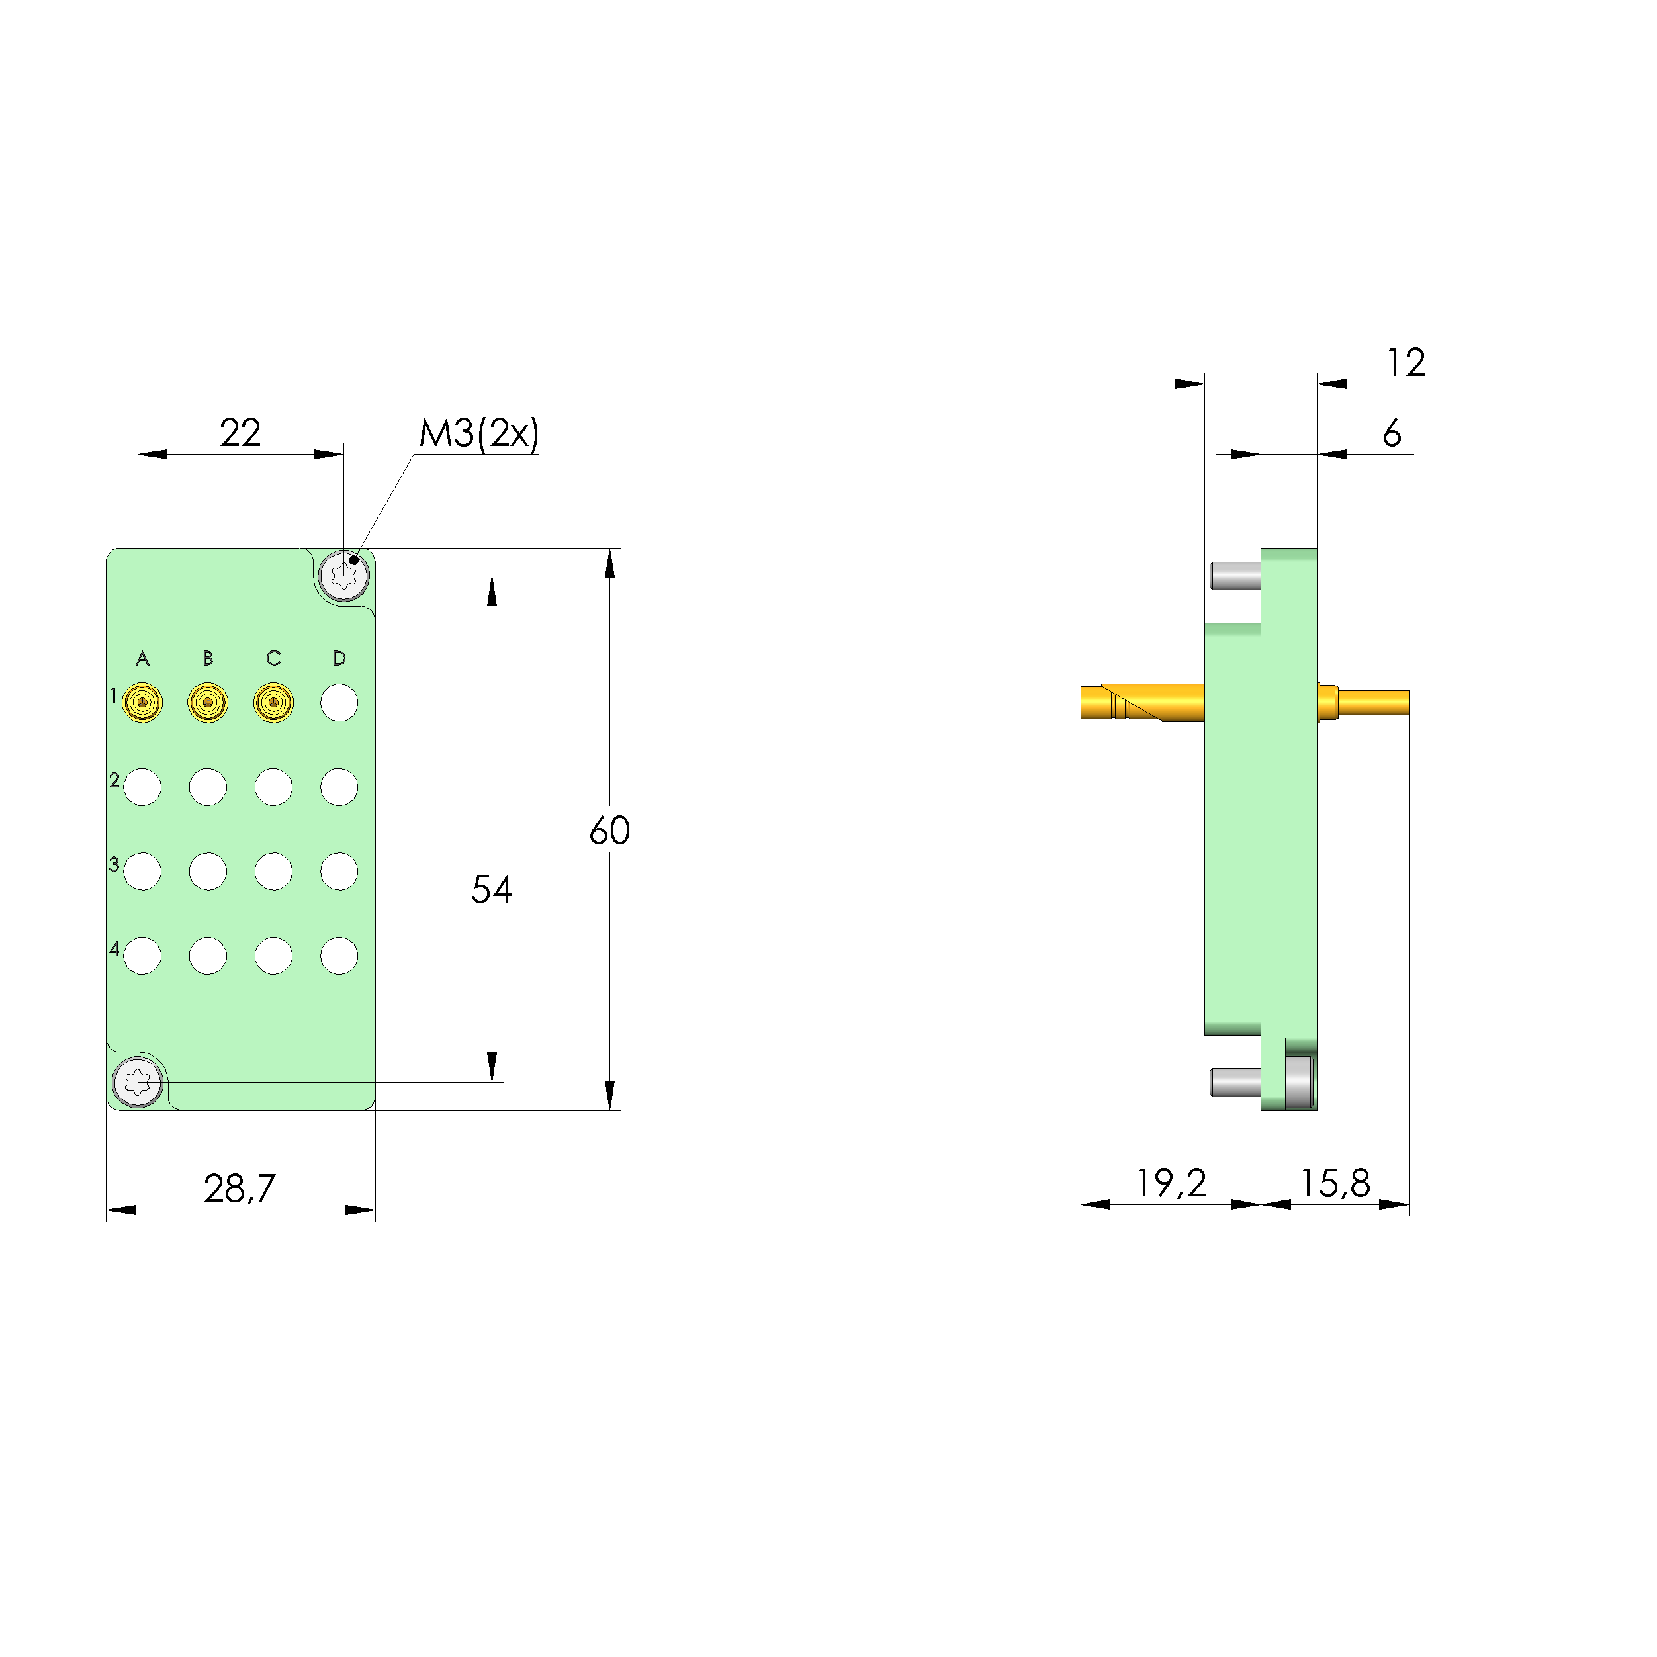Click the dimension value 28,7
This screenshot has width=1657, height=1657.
[x=240, y=1188]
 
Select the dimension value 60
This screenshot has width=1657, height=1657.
[x=610, y=830]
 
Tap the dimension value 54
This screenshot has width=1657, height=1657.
[x=492, y=889]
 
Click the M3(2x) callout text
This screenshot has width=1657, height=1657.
[x=478, y=433]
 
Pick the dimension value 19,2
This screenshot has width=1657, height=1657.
[x=1171, y=1184]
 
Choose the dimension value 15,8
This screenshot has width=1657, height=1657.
[x=1335, y=1184]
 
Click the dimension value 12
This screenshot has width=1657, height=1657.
[x=1407, y=362]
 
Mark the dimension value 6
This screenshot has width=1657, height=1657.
[x=1392, y=433]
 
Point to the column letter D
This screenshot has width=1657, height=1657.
[x=339, y=658]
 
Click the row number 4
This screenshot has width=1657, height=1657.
[x=114, y=948]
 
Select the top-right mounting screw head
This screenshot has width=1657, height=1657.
[x=344, y=576]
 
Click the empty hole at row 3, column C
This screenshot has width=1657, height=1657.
[x=273, y=872]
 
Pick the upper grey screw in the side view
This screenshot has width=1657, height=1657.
[x=1235, y=576]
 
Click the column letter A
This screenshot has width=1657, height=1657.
[x=142, y=658]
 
